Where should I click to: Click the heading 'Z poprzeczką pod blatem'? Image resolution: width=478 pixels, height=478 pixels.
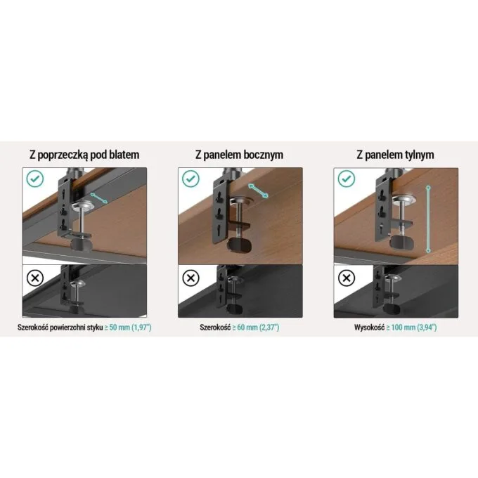point(84,155)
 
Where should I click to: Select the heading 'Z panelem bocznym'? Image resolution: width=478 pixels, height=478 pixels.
point(239,155)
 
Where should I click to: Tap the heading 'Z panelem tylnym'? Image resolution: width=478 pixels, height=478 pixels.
point(395,155)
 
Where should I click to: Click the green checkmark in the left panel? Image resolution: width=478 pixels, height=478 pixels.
point(35,179)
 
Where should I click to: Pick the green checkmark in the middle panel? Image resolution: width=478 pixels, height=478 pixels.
point(190,179)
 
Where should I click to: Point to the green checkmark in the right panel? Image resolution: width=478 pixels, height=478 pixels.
point(347,179)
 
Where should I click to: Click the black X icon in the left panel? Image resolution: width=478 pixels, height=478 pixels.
point(35,278)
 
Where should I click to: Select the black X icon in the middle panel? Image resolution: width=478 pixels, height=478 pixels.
point(190,278)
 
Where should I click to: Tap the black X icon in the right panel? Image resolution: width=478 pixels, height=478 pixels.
point(347,278)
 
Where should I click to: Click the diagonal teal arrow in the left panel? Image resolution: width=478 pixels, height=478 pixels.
point(99,198)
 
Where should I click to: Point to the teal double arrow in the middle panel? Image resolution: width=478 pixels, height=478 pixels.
point(258,190)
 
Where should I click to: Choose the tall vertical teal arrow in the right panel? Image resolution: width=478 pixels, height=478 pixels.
point(428,219)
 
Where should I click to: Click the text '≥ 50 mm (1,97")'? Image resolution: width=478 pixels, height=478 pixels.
point(128,328)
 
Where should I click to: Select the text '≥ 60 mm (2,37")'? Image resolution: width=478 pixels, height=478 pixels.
point(256,328)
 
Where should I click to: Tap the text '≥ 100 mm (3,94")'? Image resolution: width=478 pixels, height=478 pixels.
point(411,328)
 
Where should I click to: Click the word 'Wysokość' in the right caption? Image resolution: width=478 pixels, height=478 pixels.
point(369,328)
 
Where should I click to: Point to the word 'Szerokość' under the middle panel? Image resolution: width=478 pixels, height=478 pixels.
point(215,328)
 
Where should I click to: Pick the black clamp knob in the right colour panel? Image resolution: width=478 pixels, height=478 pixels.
point(402,243)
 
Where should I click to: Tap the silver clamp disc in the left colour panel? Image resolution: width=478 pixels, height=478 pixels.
point(84,206)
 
